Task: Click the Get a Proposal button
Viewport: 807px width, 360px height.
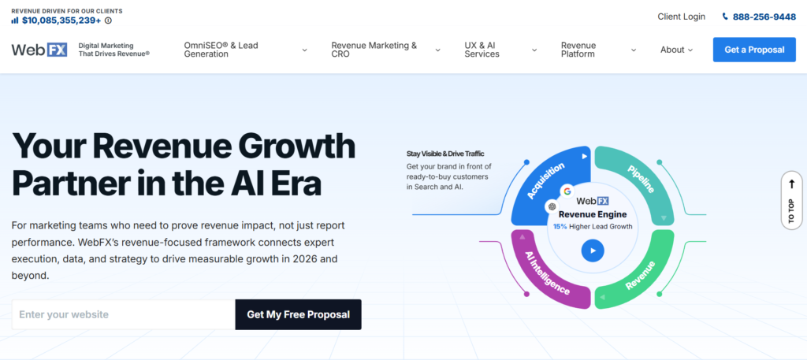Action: point(754,50)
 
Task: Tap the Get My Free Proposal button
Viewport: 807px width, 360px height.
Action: point(298,315)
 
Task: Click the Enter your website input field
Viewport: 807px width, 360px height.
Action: point(124,315)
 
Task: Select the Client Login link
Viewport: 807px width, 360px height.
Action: point(682,17)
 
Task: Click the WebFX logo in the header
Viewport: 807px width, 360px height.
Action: point(39,50)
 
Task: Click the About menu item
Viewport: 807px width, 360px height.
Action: point(676,50)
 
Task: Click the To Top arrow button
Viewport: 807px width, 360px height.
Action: point(791,200)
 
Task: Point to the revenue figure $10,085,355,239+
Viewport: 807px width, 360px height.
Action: point(61,20)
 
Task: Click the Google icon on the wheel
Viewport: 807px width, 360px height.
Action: point(567,191)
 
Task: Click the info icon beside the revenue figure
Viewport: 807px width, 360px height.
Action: point(108,20)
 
